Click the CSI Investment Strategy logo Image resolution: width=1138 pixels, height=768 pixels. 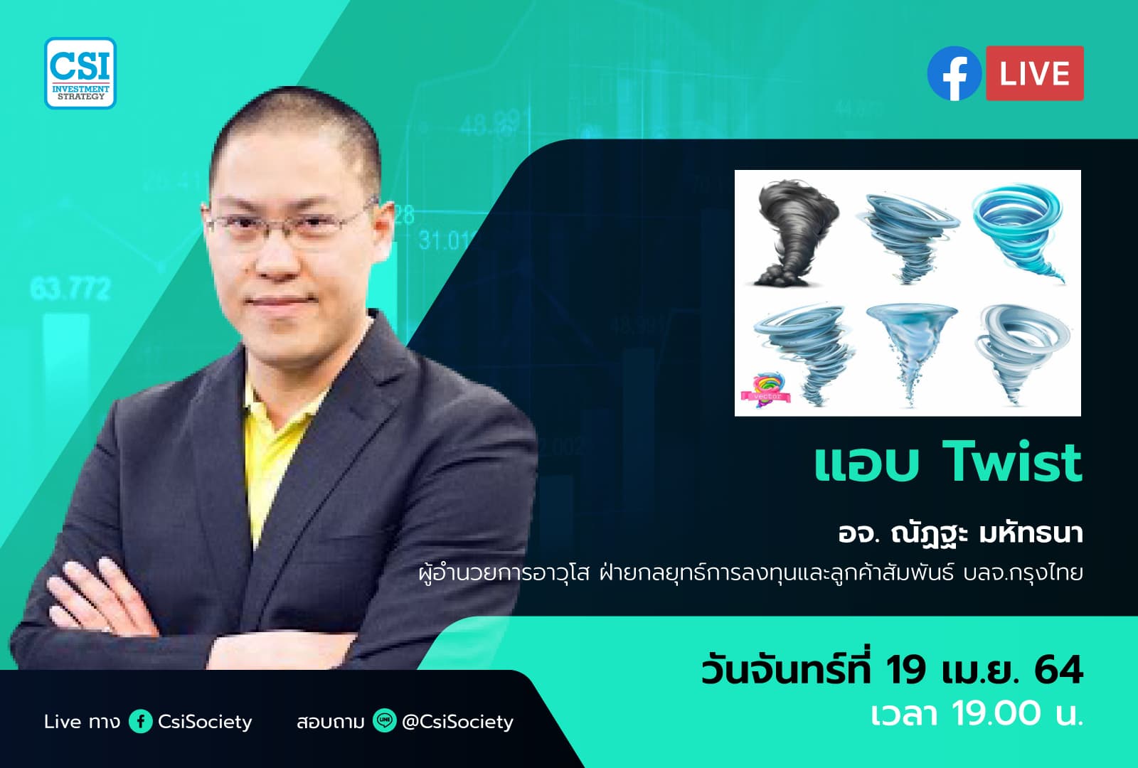point(80,73)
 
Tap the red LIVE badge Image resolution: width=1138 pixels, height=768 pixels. point(1034,74)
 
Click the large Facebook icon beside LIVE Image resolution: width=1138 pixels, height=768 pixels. point(954,74)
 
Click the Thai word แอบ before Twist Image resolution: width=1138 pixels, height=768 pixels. point(866,464)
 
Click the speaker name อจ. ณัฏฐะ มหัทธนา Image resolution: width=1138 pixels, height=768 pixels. point(960,534)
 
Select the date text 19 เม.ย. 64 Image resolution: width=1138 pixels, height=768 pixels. point(984,671)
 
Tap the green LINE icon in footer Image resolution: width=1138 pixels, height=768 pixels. point(385,721)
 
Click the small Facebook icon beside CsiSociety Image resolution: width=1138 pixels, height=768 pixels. point(140,722)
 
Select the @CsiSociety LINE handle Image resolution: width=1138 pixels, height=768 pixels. point(457,722)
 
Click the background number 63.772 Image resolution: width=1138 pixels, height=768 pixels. point(70,289)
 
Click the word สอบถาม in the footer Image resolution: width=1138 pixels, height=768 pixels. point(330,722)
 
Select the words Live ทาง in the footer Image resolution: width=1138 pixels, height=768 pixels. point(82,722)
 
